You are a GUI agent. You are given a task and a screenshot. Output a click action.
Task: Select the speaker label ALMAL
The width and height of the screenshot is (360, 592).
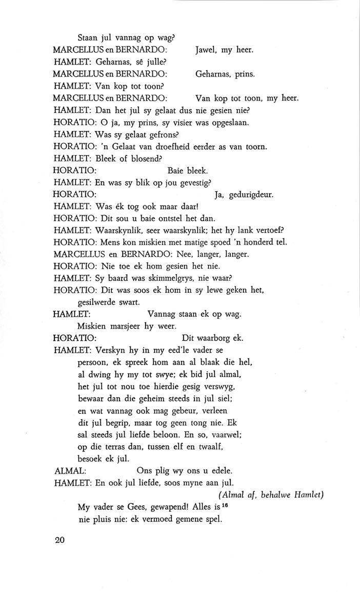(69, 470)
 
